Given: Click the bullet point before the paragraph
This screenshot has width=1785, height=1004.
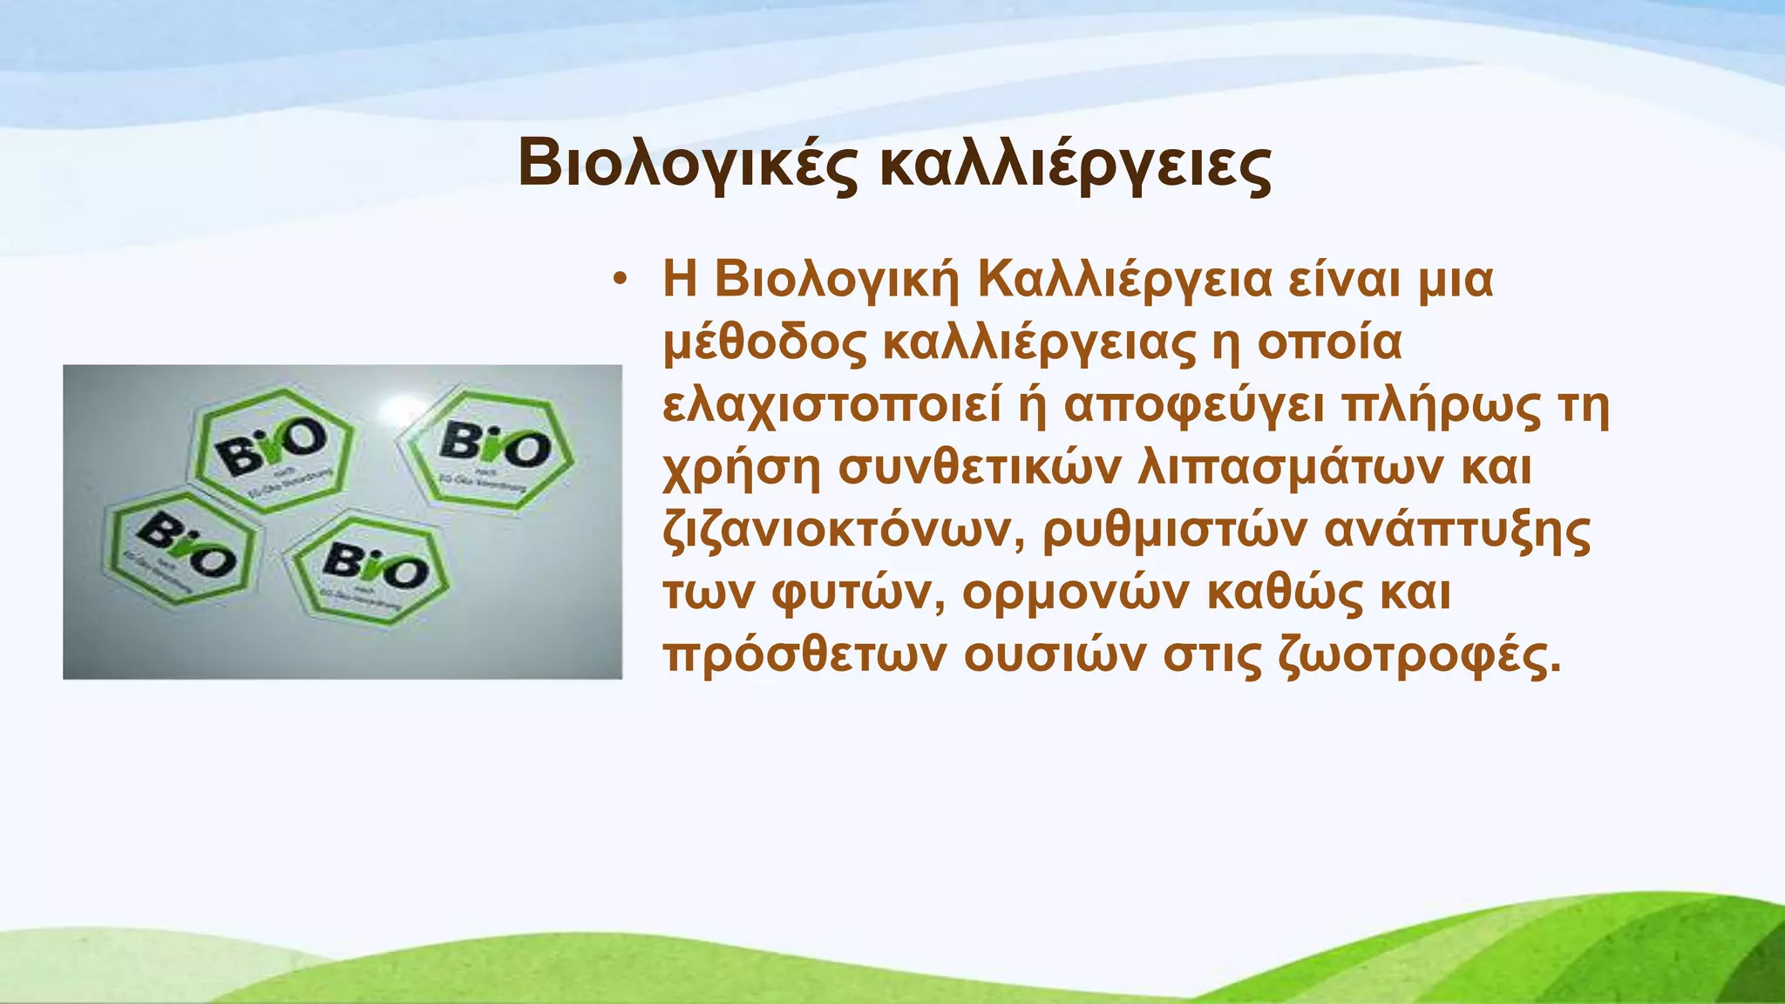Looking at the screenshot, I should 620,280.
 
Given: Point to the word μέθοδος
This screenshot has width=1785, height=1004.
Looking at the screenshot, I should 764,343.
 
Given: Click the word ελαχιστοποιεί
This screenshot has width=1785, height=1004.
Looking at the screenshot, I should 831,406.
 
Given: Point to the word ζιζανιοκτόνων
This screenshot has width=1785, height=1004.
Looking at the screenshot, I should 843,532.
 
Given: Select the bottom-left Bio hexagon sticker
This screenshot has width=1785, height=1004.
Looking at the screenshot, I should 181,548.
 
